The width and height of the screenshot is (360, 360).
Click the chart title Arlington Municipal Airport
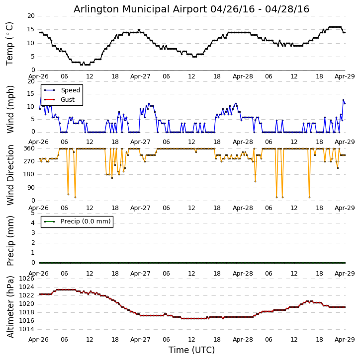(x=191, y=9)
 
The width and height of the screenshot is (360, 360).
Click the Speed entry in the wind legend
(x=70, y=90)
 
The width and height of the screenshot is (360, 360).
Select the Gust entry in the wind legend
(x=68, y=100)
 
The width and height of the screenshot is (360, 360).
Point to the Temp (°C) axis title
(x=10, y=43)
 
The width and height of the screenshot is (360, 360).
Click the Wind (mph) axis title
(x=10, y=109)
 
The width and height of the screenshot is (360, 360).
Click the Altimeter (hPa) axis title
(x=10, y=306)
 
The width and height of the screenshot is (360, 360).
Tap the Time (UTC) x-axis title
(x=191, y=350)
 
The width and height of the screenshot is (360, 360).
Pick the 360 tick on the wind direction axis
(x=29, y=148)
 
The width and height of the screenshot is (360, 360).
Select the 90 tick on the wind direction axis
(x=31, y=188)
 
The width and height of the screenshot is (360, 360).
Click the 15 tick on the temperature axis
(x=31, y=29)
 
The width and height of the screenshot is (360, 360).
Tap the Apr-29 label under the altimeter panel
(x=345, y=340)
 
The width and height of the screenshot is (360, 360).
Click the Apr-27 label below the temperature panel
(x=141, y=77)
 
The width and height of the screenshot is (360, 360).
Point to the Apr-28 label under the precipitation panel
(x=243, y=274)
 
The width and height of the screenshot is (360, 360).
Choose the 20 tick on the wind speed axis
(x=31, y=81)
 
